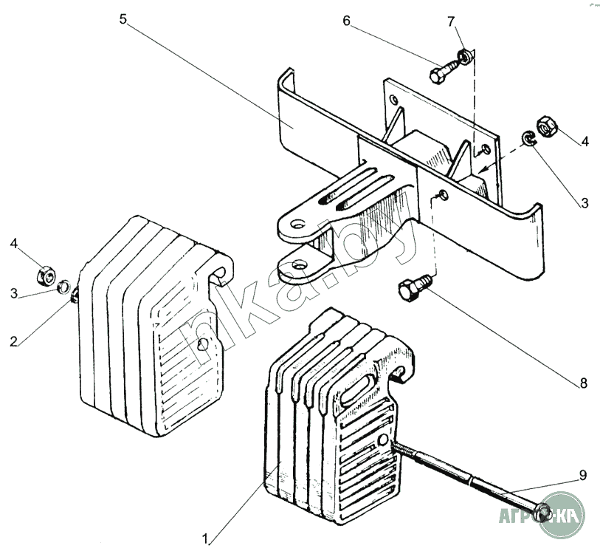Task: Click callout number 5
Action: coord(123,18)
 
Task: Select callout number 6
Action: coord(346,21)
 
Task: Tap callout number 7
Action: coord(452,21)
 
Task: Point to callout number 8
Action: coord(582,383)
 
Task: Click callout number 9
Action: coord(582,476)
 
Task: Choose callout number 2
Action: coord(13,341)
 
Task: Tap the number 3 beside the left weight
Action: coord(13,294)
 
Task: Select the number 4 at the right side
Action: coord(585,140)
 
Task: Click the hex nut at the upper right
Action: coord(547,128)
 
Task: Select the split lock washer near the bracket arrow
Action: coord(528,138)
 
